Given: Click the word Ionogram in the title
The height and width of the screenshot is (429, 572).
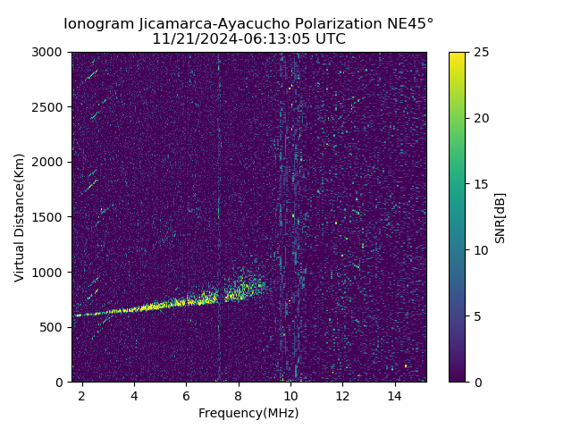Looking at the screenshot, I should (98, 23).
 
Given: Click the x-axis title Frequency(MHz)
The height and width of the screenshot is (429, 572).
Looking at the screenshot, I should (248, 413).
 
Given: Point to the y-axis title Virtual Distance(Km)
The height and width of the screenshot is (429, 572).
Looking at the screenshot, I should (20, 217).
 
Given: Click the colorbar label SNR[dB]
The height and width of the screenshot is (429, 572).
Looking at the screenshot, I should (500, 217).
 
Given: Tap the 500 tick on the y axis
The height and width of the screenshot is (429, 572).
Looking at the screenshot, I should (55, 327).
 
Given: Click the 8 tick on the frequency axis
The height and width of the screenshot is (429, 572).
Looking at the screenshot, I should (238, 395).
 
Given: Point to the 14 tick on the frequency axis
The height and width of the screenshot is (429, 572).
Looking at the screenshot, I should (394, 395).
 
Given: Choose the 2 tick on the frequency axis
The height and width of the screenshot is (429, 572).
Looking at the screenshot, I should (81, 395).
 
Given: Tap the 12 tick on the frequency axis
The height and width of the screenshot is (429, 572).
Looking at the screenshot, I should (342, 395).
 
